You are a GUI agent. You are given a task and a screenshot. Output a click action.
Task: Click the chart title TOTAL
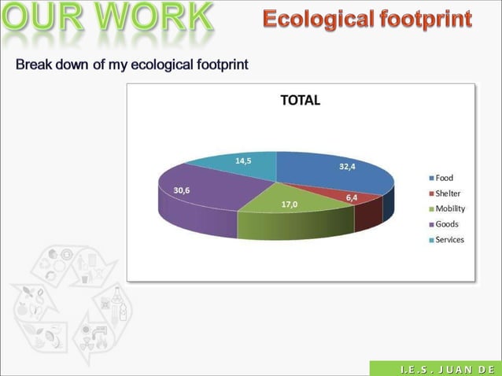301,101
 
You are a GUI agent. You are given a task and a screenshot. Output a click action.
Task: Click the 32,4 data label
348,167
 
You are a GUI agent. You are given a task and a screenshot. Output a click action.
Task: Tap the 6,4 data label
353,197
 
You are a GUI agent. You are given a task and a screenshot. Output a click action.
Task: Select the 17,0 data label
290,205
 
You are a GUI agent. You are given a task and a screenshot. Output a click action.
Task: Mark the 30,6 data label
181,190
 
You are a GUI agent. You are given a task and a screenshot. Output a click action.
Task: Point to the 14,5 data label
243,161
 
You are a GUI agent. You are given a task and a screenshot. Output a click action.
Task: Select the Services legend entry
449,240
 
